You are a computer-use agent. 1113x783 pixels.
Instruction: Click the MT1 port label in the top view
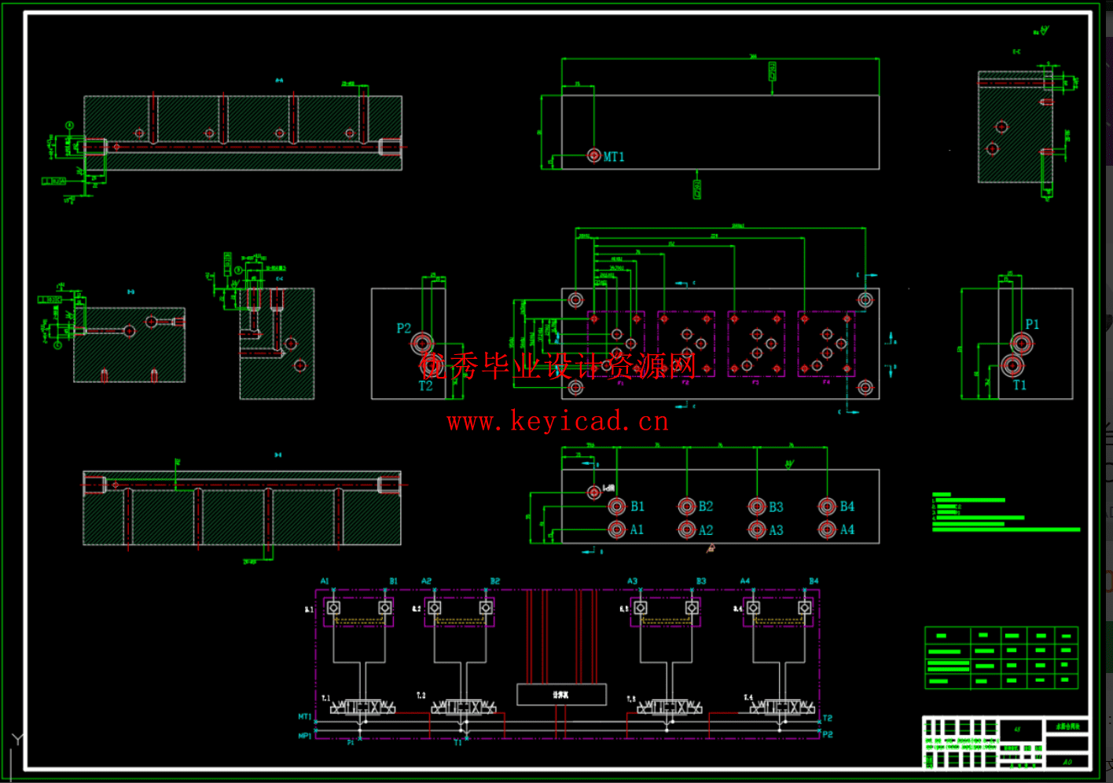(614, 157)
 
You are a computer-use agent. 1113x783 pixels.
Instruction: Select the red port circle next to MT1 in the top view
(594, 156)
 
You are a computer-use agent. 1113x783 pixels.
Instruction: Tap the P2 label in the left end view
(403, 328)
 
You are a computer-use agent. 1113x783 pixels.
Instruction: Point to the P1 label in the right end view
(1032, 324)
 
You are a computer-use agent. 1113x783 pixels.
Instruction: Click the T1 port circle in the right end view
(1012, 366)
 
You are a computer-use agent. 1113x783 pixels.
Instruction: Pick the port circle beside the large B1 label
(617, 507)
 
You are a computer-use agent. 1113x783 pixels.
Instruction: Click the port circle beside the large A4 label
(827, 530)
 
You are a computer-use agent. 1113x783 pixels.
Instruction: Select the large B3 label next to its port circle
(776, 507)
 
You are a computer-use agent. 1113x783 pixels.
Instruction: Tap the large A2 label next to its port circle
(706, 531)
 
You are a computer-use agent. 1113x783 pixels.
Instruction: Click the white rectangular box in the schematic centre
(561, 695)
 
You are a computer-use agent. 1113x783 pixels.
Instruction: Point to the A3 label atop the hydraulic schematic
(632, 581)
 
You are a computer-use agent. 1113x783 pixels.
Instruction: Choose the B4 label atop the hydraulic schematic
(814, 581)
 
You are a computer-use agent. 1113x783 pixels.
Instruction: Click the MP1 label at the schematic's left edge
(304, 736)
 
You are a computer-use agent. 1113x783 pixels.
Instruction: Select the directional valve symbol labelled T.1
(362, 708)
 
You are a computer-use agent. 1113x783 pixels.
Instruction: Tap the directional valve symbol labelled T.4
(781, 708)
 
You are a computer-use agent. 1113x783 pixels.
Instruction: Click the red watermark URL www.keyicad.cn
(557, 422)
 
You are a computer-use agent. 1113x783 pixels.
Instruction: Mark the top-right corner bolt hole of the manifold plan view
(865, 299)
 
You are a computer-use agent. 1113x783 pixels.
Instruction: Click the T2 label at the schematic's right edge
(827, 719)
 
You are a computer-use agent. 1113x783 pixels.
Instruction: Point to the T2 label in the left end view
(425, 386)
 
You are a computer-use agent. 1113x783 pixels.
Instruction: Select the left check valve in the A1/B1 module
(334, 609)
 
